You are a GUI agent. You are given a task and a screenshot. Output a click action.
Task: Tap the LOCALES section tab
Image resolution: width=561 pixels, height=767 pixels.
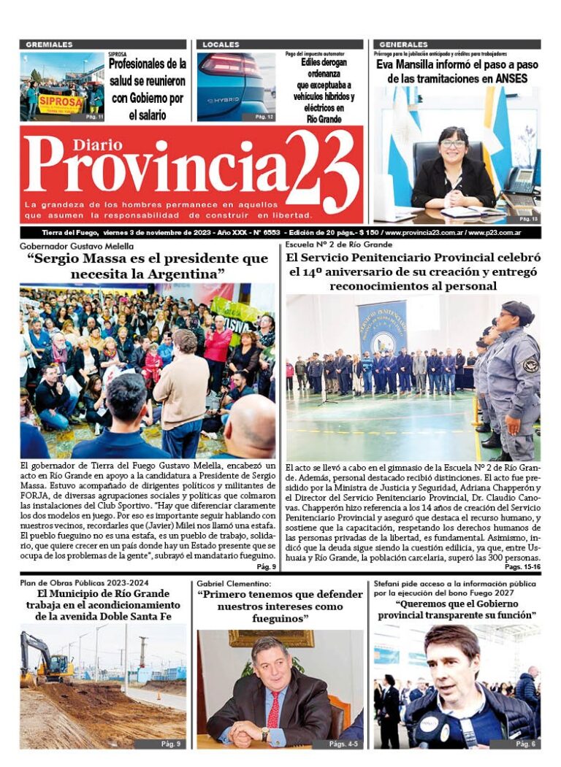click(x=221, y=45)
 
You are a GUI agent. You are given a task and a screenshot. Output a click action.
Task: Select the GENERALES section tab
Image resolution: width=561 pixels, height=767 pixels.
click(x=403, y=45)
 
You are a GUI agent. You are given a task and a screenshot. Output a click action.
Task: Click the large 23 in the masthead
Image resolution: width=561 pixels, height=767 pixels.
click(x=321, y=171)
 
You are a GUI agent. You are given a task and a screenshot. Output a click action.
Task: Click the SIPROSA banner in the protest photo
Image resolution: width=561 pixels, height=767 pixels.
click(x=61, y=101)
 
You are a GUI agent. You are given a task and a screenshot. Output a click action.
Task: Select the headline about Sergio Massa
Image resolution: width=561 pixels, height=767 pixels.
click(x=148, y=266)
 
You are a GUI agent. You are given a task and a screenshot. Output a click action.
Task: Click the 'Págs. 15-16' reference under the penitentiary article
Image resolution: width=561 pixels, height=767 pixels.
click(x=522, y=566)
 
